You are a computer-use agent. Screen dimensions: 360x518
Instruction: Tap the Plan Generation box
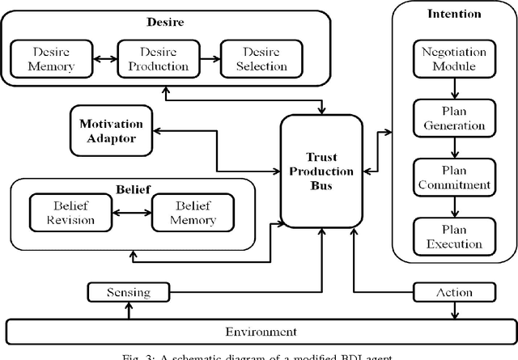[454, 118]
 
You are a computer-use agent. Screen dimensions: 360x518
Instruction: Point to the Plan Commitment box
[454, 177]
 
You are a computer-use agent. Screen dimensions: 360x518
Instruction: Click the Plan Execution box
[454, 235]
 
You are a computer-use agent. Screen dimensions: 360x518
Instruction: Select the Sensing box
[129, 291]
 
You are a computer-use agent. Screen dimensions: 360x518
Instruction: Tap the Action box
[454, 291]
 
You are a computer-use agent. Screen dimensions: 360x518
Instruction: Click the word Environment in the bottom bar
[261, 331]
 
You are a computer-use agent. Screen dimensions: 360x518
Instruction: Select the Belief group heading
[132, 184]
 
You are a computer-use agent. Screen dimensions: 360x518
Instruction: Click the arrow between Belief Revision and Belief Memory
[130, 213]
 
